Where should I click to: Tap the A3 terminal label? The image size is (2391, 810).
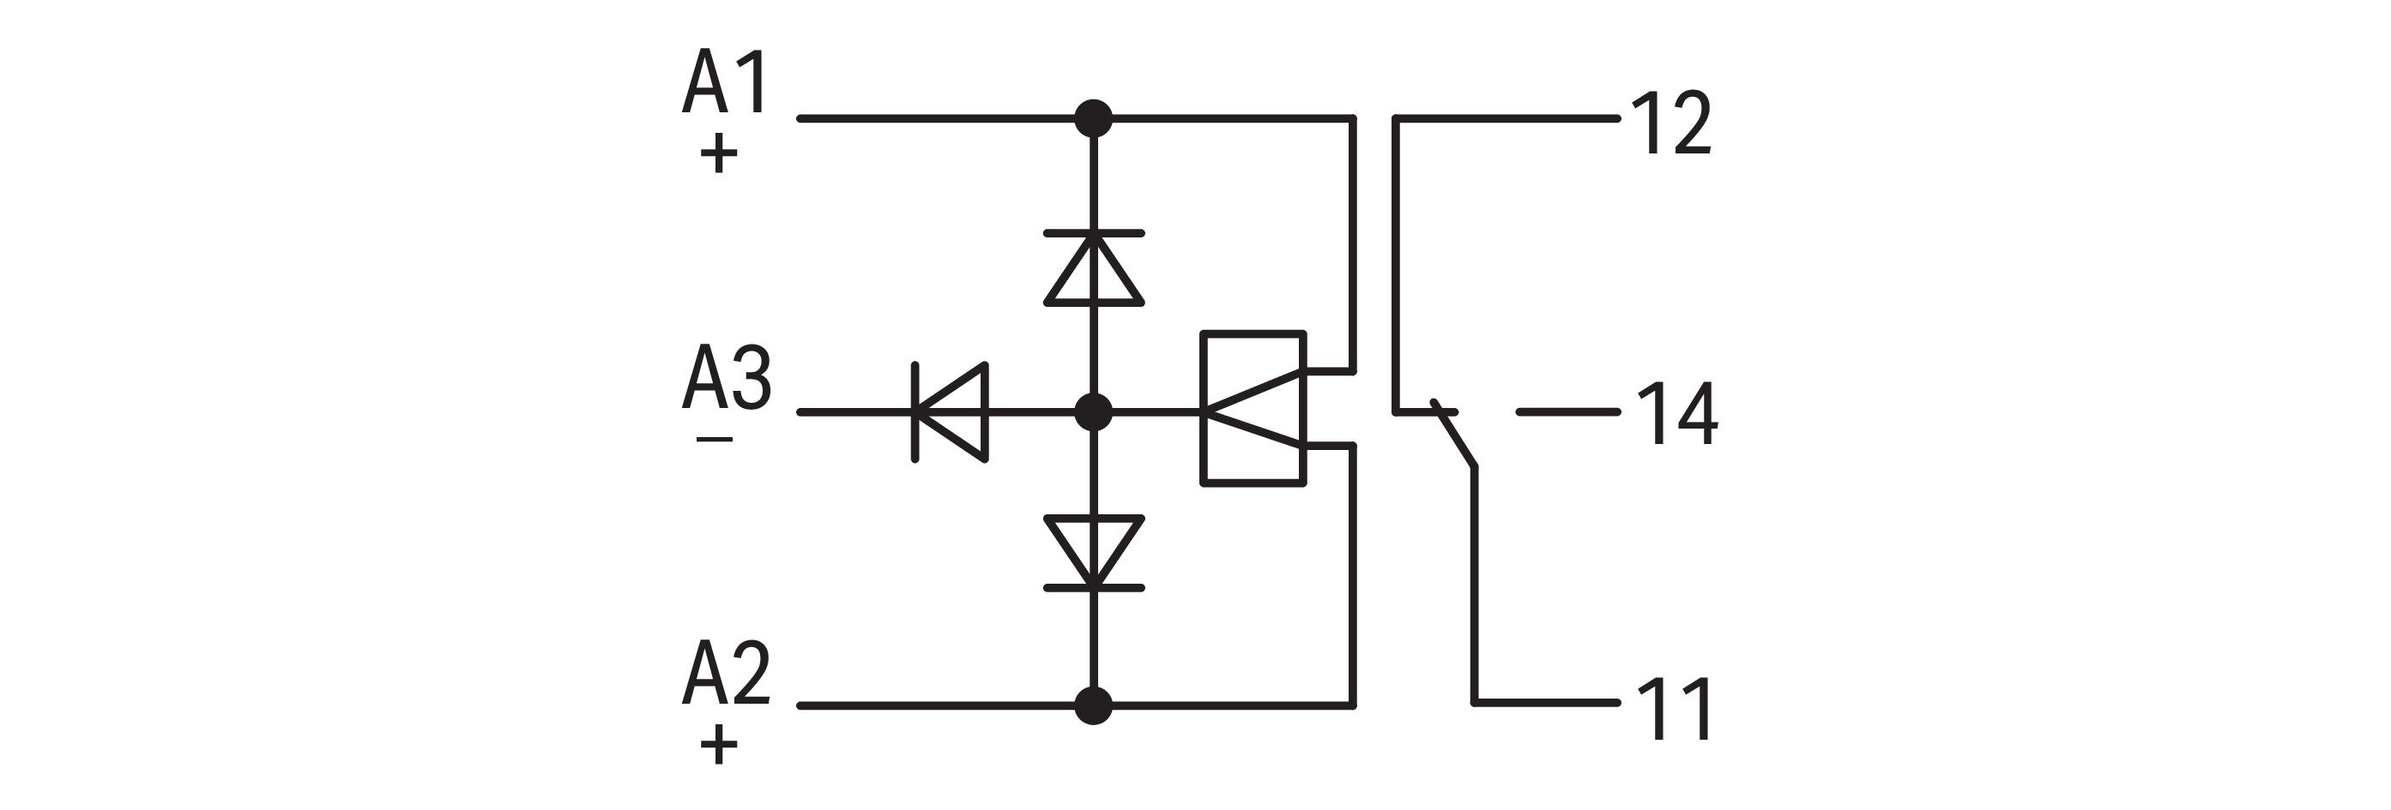coord(726,378)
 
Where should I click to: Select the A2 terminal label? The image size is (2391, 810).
coord(725,673)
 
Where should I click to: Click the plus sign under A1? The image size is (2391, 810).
coord(718,154)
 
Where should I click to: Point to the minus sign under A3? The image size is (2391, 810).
coord(714,439)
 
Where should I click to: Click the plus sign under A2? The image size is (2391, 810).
coord(718,744)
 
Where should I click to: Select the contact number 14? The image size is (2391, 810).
coord(1676,415)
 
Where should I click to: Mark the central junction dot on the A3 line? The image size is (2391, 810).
coord(1093,412)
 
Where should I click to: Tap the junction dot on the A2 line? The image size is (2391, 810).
coord(1093,706)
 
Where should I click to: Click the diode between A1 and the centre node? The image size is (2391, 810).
coord(1093,267)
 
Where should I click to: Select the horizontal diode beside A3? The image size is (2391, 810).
coord(951,412)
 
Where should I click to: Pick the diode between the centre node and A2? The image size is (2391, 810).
coord(1093,553)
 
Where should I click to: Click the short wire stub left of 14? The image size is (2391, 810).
coord(1567,412)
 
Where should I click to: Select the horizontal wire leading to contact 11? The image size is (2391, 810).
coord(1545,702)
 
